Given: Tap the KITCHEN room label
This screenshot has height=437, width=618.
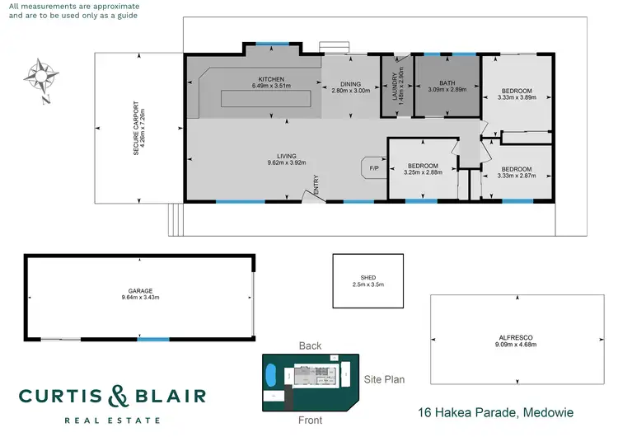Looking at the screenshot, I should (265, 78).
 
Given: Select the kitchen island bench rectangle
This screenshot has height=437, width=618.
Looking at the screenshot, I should (265, 98).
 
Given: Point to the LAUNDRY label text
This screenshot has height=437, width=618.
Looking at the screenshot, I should (393, 85).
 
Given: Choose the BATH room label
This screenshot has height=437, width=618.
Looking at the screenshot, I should (447, 82).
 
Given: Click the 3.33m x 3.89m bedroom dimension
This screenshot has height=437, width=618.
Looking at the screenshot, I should (517, 97).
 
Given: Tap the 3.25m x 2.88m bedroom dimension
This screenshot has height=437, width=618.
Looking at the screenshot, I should (424, 172).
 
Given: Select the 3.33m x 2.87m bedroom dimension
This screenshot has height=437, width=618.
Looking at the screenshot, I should (517, 175).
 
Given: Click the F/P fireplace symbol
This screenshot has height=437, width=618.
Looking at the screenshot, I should (373, 168).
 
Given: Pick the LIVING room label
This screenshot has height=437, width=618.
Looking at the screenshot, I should (286, 155).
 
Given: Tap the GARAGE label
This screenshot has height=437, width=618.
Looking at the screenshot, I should (141, 291).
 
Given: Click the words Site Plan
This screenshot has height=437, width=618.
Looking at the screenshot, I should (384, 379).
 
